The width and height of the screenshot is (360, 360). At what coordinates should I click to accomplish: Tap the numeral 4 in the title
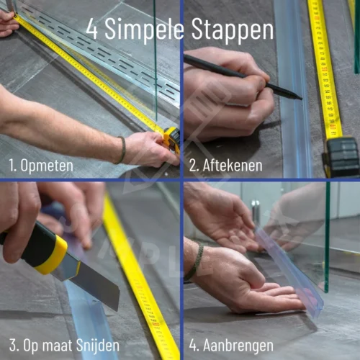(91, 30)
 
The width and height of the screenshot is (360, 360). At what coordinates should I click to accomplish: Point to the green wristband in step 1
(122, 150)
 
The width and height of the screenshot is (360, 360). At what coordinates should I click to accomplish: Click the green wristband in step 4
(194, 263)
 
